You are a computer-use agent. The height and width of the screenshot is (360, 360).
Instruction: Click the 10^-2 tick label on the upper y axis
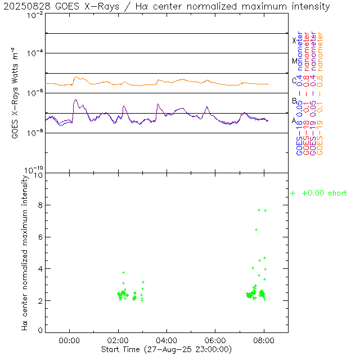click(x=35, y=15)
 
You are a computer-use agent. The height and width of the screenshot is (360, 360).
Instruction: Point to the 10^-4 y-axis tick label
click(x=35, y=53)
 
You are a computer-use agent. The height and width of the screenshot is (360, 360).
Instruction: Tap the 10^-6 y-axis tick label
click(x=35, y=93)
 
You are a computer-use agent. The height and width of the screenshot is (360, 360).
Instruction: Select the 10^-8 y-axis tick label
click(x=35, y=133)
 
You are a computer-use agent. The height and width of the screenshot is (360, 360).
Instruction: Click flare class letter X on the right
click(x=294, y=40)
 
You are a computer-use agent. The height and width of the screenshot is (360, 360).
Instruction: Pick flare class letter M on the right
click(x=294, y=61)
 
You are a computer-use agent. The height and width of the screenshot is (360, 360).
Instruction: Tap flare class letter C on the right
click(x=294, y=80)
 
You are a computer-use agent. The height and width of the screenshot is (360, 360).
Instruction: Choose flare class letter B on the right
click(x=294, y=101)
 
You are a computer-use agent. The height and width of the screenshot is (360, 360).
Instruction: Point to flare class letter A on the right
click(x=294, y=120)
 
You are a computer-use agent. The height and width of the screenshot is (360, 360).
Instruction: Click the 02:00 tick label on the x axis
click(x=118, y=340)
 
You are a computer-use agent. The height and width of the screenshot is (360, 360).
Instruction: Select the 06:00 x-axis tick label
click(x=215, y=340)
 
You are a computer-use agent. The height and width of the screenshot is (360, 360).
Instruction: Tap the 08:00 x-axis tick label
click(x=264, y=340)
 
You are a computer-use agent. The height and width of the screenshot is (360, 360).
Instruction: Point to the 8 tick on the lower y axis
click(x=39, y=206)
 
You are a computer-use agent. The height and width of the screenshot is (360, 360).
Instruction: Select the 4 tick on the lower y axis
click(x=39, y=269)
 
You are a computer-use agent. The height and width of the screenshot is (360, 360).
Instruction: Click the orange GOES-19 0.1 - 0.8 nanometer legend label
click(x=321, y=93)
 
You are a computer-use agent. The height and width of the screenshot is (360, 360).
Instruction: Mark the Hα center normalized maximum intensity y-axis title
click(x=25, y=252)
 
